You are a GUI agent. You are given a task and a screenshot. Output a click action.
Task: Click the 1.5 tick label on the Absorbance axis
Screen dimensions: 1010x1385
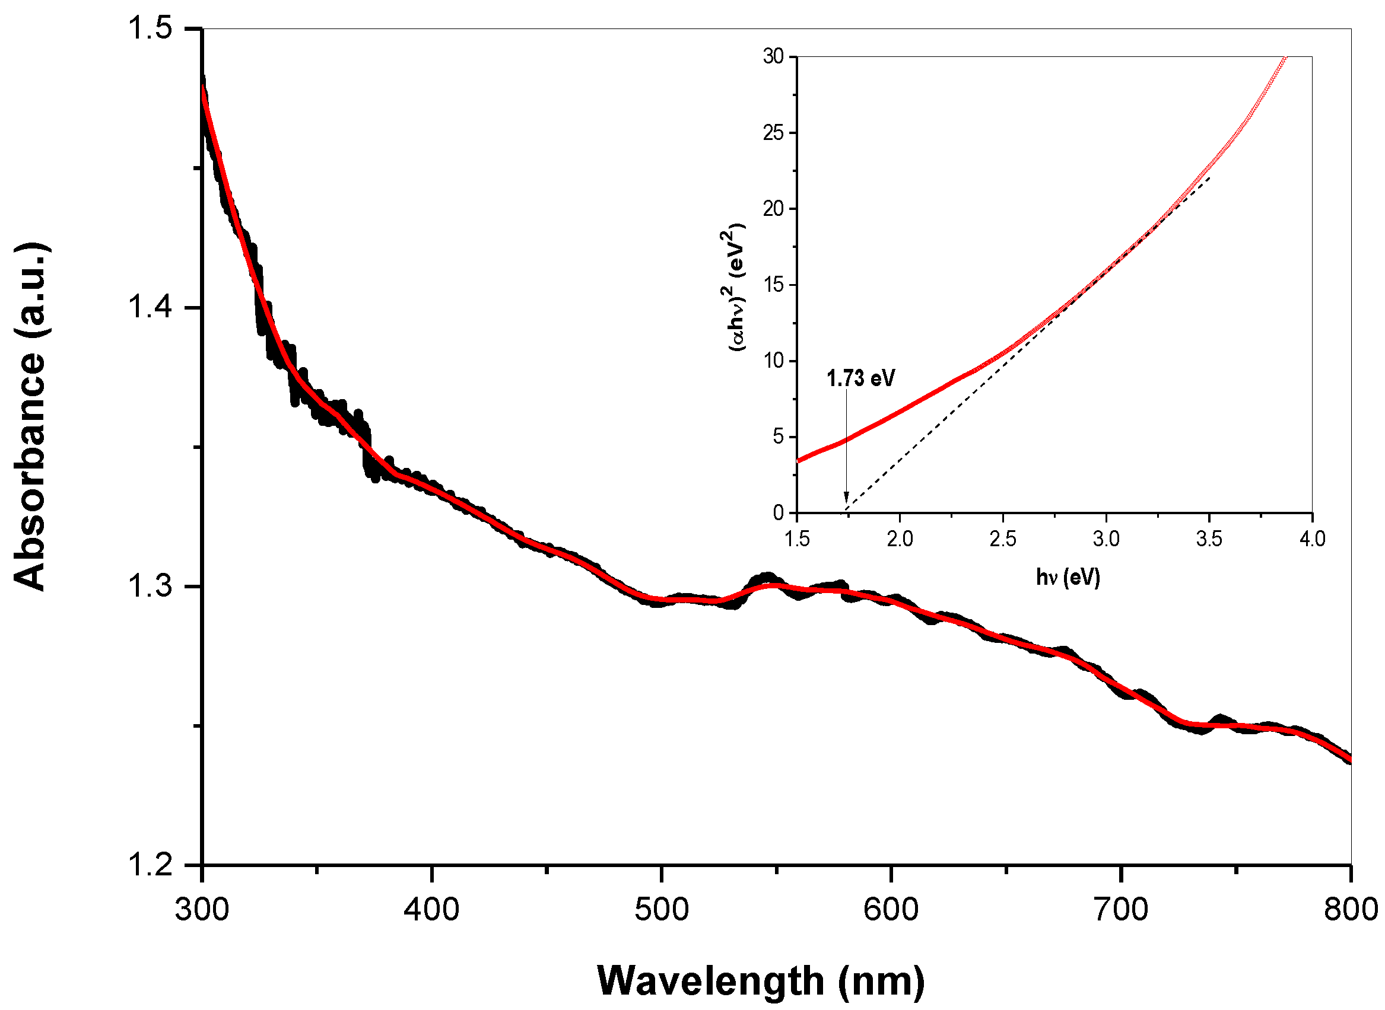pos(150,29)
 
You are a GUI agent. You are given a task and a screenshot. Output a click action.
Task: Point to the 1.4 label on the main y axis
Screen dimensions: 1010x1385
pos(150,308)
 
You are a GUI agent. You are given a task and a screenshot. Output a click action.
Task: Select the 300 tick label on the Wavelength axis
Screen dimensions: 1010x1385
pos(202,910)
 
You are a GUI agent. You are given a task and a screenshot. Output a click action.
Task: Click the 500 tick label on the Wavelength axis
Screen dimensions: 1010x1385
pos(661,910)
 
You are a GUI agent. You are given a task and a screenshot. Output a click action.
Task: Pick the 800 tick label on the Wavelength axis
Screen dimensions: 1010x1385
pos(1350,910)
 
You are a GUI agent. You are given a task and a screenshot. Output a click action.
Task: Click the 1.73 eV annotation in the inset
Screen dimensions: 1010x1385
pos(860,378)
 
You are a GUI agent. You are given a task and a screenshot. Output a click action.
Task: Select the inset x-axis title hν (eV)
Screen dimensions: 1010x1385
pos(1068,576)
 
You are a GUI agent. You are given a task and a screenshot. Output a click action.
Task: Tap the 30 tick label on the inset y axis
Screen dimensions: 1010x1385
pos(773,56)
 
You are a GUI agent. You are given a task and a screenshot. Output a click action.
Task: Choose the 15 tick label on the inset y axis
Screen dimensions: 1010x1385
pos(773,285)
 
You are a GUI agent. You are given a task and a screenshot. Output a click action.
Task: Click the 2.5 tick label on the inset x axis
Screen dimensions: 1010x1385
pos(1003,539)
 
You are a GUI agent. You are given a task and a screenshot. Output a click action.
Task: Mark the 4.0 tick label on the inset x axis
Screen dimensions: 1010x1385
pos(1312,539)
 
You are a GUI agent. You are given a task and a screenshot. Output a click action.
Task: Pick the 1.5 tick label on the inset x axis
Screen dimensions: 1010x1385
pos(796,539)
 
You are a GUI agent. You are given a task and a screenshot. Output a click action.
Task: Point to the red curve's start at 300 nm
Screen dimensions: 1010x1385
pos(203,88)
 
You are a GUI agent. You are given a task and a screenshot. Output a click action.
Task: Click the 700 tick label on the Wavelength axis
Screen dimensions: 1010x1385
pos(1121,910)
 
